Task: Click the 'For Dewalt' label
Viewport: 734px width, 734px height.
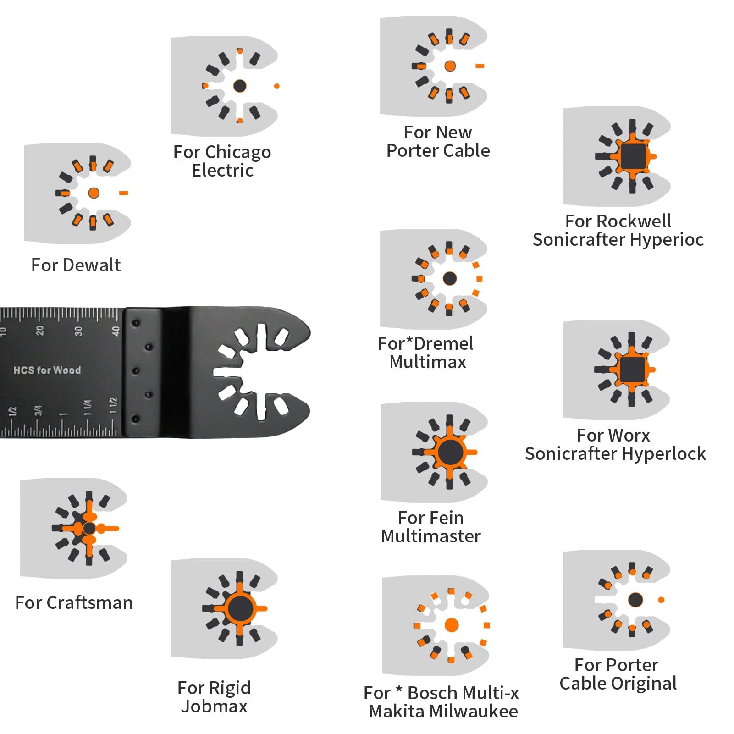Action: pyautogui.click(x=76, y=265)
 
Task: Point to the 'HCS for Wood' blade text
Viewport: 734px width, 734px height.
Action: pyautogui.click(x=47, y=370)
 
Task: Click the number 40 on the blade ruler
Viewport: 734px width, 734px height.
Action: pyautogui.click(x=116, y=331)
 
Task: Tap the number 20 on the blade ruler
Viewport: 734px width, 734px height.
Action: pyautogui.click(x=40, y=331)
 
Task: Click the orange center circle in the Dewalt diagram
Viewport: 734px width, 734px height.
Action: pyautogui.click(x=94, y=193)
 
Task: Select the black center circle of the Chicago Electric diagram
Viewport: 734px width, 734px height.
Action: pyautogui.click(x=240, y=86)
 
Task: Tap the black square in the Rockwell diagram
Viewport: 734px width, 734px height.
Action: pyautogui.click(x=633, y=156)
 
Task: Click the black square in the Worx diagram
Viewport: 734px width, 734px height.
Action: pyautogui.click(x=632, y=369)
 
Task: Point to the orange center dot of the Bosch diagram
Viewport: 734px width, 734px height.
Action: pyautogui.click(x=452, y=625)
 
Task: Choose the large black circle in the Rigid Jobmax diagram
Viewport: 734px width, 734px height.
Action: pyautogui.click(x=240, y=608)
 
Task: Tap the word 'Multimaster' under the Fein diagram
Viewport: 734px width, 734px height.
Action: pyautogui.click(x=430, y=536)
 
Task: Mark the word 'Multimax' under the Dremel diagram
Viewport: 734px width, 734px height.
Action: pyautogui.click(x=428, y=362)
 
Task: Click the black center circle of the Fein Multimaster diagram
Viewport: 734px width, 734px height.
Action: pyautogui.click(x=450, y=452)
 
